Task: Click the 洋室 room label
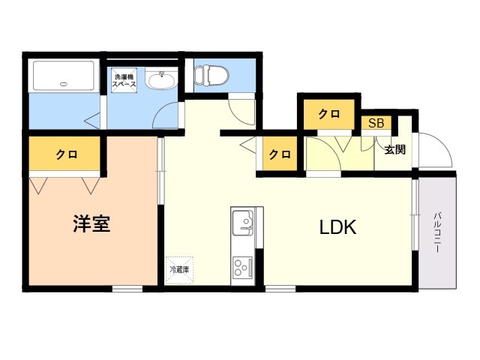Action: pos(91,223)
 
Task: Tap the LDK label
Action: pos(338,227)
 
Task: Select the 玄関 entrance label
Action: pos(395,149)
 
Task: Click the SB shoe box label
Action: pos(376,123)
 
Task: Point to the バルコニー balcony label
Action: pos(437,232)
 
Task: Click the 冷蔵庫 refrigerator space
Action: pos(179,270)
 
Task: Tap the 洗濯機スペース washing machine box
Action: pos(124,80)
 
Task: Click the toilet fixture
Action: pos(211,74)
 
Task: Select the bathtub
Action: pos(64,76)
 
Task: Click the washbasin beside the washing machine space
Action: pos(161,78)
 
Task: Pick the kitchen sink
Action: pos(243,222)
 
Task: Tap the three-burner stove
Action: pos(243,267)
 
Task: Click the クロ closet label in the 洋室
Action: pos(67,154)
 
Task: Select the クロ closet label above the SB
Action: pos(329,114)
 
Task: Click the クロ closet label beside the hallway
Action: pos(280,154)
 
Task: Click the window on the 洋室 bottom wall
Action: pos(127,288)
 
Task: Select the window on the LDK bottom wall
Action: pos(280,288)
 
